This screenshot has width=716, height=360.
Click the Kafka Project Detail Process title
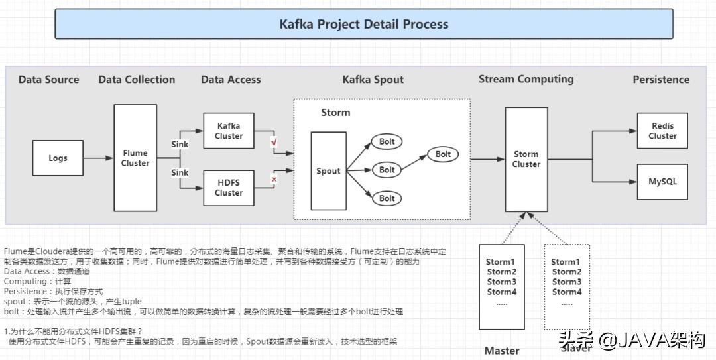pos(363,24)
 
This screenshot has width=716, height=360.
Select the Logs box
pos(58,158)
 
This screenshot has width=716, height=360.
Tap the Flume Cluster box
pos(135,158)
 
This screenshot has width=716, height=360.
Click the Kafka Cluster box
pos(229,131)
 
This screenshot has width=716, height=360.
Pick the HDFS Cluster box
pos(229,188)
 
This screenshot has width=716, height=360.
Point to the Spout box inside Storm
pos(328,170)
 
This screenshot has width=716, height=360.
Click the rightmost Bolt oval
pos(443,154)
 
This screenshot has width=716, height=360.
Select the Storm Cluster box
pos(526,159)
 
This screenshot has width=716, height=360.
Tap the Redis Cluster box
pos(662,131)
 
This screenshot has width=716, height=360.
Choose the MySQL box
pos(662,181)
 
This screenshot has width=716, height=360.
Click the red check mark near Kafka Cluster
pos(274,142)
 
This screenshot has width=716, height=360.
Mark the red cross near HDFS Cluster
pos(274,179)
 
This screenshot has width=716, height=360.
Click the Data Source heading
pos(48,80)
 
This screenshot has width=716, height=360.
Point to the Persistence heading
pos(661,80)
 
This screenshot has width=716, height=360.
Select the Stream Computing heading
pos(526,79)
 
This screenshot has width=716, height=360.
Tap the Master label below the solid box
pos(502,350)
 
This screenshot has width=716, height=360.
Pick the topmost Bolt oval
pos(387,141)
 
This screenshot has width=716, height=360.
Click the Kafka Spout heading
pos(373,80)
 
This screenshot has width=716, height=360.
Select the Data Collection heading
pos(137,80)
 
